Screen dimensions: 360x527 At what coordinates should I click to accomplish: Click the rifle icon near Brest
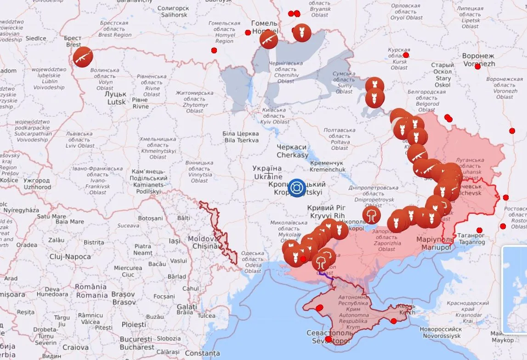(83, 57)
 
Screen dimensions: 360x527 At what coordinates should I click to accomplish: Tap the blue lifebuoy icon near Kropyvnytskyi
(297, 188)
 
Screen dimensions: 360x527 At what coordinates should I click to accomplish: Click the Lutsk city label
(117, 97)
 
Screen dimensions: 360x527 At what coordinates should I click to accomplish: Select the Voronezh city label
(478, 60)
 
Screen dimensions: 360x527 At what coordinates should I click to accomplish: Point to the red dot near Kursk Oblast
(406, 55)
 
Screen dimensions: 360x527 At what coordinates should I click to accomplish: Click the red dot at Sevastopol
(328, 339)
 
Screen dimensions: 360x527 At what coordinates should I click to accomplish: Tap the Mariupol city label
(434, 244)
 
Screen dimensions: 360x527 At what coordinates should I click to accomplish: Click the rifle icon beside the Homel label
(269, 40)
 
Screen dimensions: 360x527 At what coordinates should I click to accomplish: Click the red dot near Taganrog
(479, 230)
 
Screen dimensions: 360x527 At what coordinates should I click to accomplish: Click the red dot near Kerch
(393, 321)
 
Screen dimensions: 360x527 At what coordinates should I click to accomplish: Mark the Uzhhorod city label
(37, 184)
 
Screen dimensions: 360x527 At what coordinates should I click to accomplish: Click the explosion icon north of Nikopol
(371, 215)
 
